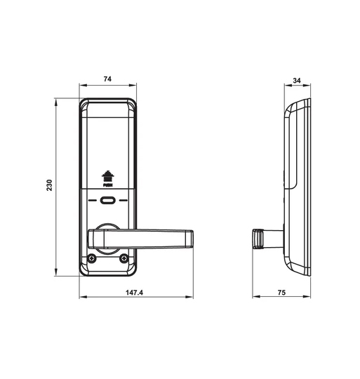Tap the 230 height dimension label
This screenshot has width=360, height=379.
pos(48,186)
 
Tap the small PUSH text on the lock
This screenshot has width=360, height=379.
pos(107,187)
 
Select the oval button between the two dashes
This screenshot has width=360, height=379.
pos(107,201)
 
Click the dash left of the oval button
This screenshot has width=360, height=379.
pos(93,201)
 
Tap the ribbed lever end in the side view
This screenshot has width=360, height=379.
pos(258,239)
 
